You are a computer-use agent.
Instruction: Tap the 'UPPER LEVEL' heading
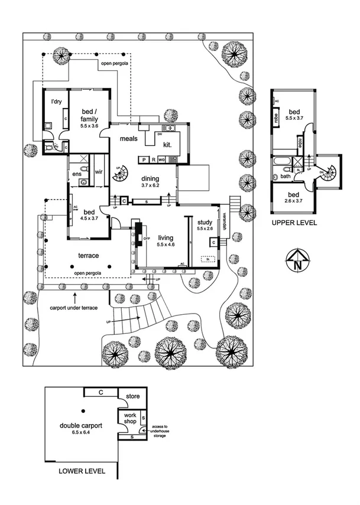[294, 223]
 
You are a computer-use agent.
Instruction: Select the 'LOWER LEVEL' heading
[82, 471]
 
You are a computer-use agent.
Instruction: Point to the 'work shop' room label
[130, 419]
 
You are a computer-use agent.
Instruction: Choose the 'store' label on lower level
[132, 396]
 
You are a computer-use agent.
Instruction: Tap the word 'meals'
[128, 139]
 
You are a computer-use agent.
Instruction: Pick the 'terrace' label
[89, 255]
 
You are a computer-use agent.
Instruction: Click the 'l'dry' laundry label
[57, 102]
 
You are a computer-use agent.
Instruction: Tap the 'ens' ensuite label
[76, 175]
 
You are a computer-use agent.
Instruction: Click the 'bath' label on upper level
[285, 176]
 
